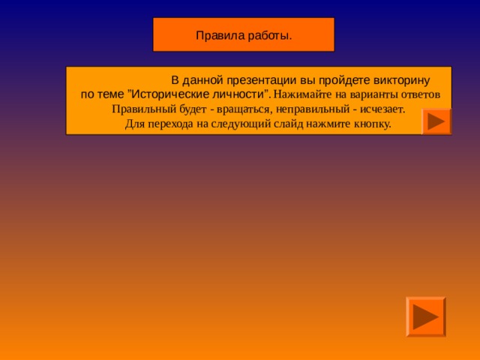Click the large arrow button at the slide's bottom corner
(x=425, y=316)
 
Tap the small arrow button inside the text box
(x=436, y=121)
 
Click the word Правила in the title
(x=217, y=35)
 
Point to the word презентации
(x=254, y=79)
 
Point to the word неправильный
(x=304, y=109)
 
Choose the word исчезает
(x=379, y=109)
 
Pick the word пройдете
(x=328, y=79)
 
